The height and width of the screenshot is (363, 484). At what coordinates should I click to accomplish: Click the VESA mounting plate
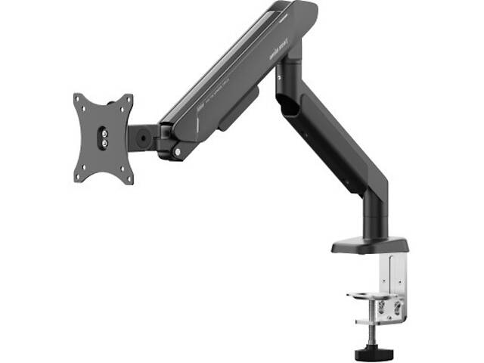(104, 138)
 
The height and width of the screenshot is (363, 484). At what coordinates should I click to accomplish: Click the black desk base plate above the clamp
(369, 246)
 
